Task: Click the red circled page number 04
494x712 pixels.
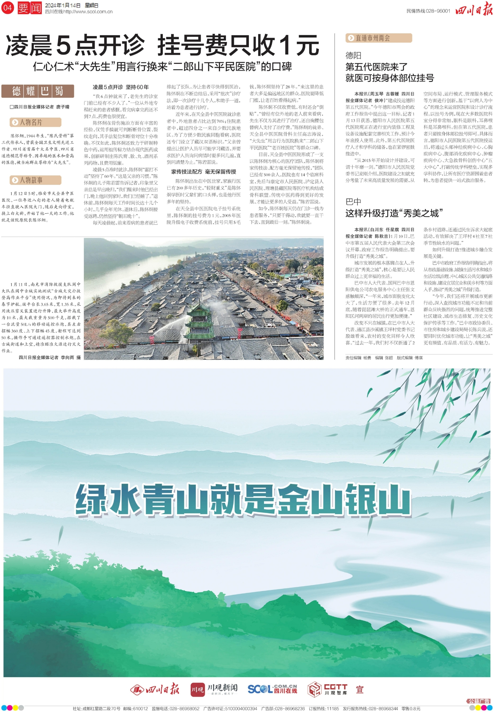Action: (x=8, y=8)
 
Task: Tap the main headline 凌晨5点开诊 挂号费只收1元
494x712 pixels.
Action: (x=162, y=45)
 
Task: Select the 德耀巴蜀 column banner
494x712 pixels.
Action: (x=38, y=91)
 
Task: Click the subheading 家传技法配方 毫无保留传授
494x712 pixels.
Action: (x=203, y=172)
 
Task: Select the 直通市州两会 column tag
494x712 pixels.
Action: (x=379, y=38)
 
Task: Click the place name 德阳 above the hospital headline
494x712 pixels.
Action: (x=353, y=56)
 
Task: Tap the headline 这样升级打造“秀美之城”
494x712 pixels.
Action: (x=394, y=213)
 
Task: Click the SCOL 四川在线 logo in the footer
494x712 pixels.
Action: (x=272, y=689)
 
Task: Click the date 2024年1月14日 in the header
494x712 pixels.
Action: (x=63, y=5)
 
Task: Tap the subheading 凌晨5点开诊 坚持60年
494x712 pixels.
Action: (x=121, y=87)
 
